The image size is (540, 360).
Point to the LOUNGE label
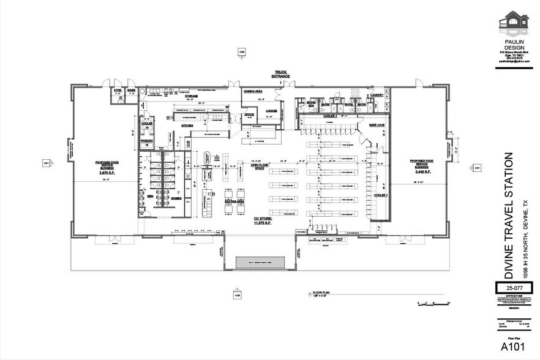click(x=271, y=111)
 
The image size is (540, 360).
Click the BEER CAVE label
click(x=377, y=124)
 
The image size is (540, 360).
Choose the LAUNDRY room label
click(x=376, y=96)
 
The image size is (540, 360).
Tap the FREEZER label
click(x=146, y=141)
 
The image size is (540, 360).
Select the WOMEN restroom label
click(x=176, y=198)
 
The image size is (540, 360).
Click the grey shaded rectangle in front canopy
click(x=258, y=263)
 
